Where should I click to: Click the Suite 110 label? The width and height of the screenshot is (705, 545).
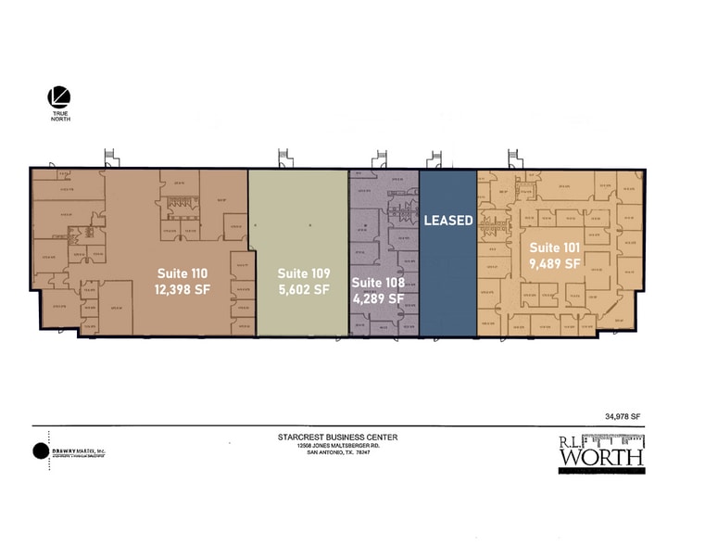click(182, 272)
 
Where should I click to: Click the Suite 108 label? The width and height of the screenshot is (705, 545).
click(378, 282)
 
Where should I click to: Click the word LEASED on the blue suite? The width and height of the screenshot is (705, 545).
click(448, 221)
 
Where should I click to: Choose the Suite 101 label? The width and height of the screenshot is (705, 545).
click(554, 247)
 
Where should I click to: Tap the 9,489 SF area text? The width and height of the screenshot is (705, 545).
click(554, 263)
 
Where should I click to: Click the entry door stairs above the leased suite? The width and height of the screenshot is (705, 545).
click(433, 158)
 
